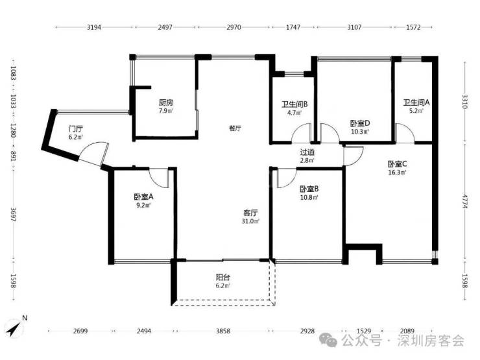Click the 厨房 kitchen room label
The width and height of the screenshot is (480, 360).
[x=166, y=102]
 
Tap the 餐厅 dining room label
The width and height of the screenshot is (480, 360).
[x=235, y=128]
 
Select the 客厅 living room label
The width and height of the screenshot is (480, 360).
[x=250, y=213]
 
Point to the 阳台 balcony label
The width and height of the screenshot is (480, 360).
[x=222, y=278]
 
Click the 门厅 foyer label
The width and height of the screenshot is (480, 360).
[x=76, y=128]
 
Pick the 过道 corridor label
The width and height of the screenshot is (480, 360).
[x=307, y=152]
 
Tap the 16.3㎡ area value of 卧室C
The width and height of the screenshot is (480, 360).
[x=397, y=173]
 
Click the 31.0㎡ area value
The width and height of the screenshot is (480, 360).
[x=250, y=221]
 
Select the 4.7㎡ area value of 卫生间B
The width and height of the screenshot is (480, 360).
[x=294, y=113]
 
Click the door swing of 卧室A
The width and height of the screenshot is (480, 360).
[x=158, y=178]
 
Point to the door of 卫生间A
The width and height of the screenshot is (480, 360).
[x=405, y=133]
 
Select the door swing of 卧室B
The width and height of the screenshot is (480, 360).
[x=287, y=178]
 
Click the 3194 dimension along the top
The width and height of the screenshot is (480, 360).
[x=93, y=27]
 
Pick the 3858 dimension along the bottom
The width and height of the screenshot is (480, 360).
[x=223, y=331]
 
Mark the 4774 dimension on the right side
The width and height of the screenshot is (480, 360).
[x=465, y=201]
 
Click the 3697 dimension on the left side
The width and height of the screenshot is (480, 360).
[x=13, y=215]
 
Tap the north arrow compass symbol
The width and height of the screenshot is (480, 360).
[x=16, y=326]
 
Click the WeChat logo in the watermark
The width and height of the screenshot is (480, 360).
[x=328, y=340]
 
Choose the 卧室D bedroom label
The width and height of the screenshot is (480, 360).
[x=360, y=123]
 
